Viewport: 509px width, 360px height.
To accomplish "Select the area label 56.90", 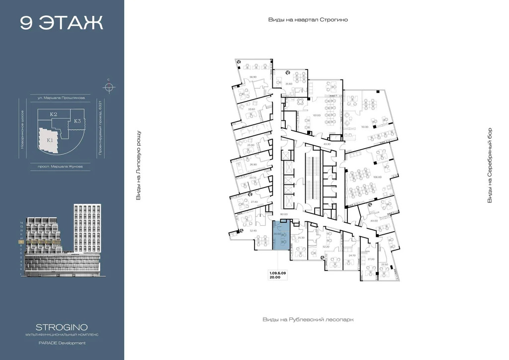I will (253, 77).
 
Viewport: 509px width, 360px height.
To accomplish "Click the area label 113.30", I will (365, 127).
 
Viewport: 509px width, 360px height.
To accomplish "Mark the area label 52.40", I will (253, 230).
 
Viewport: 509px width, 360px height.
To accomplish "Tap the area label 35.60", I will (289, 84).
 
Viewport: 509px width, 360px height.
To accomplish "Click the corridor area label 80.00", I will (284, 214).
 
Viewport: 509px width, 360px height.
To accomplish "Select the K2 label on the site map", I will (53, 114).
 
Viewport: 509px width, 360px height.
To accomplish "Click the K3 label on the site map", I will (78, 121).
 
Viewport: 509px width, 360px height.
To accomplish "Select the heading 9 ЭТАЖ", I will (62, 23).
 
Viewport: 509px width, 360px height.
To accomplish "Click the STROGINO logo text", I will (62, 327).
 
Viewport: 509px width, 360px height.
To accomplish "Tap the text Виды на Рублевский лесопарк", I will (308, 320).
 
